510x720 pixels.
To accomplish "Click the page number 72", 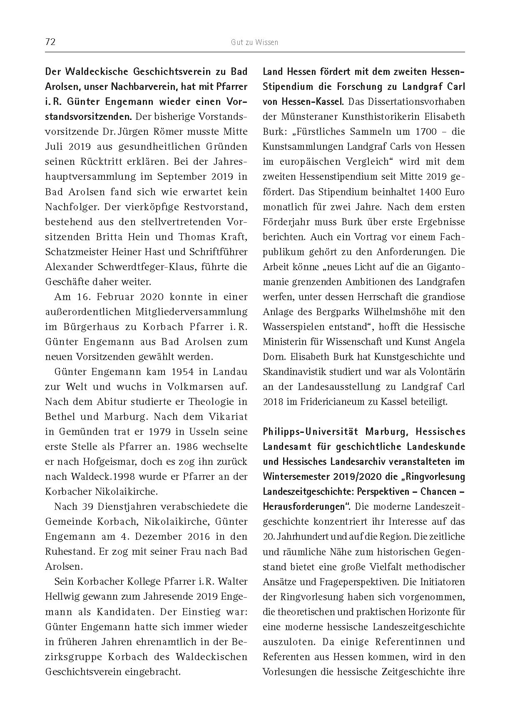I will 50,42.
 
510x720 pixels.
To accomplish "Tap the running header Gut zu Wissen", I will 255,42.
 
